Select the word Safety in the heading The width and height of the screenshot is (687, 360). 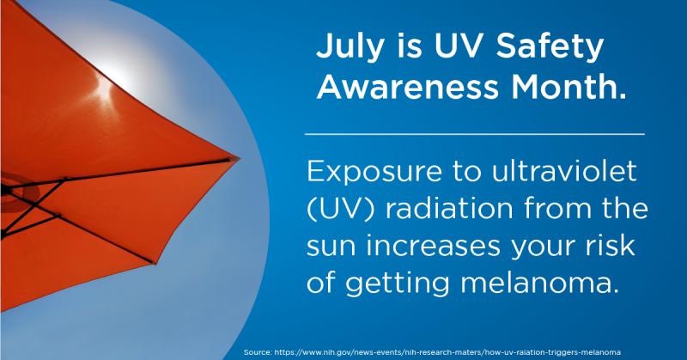[x=550, y=46]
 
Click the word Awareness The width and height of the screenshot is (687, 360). [x=407, y=87]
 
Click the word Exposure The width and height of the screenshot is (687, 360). [x=374, y=172]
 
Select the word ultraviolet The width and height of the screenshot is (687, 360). [x=564, y=170]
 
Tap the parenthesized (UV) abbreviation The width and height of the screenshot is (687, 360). [x=341, y=209]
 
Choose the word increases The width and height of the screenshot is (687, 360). [x=433, y=246]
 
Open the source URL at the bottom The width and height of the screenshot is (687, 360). [x=447, y=352]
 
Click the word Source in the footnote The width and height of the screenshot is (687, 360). [x=258, y=352]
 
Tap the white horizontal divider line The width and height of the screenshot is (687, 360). [x=475, y=134]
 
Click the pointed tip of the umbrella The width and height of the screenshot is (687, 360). [x=240, y=157]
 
